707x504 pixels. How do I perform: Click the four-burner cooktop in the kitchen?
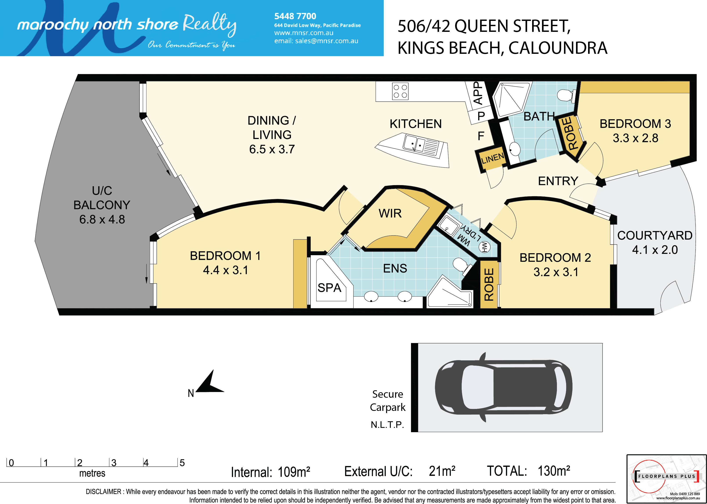[x=400, y=91]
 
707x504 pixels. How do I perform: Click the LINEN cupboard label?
[x=492, y=158]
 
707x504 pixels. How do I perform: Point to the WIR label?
[x=390, y=213]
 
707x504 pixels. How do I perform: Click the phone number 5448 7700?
[x=295, y=16]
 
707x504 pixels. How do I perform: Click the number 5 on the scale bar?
[x=182, y=463]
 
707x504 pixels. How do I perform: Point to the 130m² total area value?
[x=554, y=471]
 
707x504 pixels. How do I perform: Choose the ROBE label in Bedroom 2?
[x=489, y=285]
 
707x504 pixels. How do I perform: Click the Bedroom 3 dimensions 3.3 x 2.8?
[x=635, y=138]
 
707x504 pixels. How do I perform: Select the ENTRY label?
[x=558, y=181]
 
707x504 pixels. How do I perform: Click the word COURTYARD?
[x=655, y=235]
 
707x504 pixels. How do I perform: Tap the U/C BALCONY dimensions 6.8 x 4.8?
[x=102, y=219]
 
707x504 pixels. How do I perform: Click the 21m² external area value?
[x=442, y=471]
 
